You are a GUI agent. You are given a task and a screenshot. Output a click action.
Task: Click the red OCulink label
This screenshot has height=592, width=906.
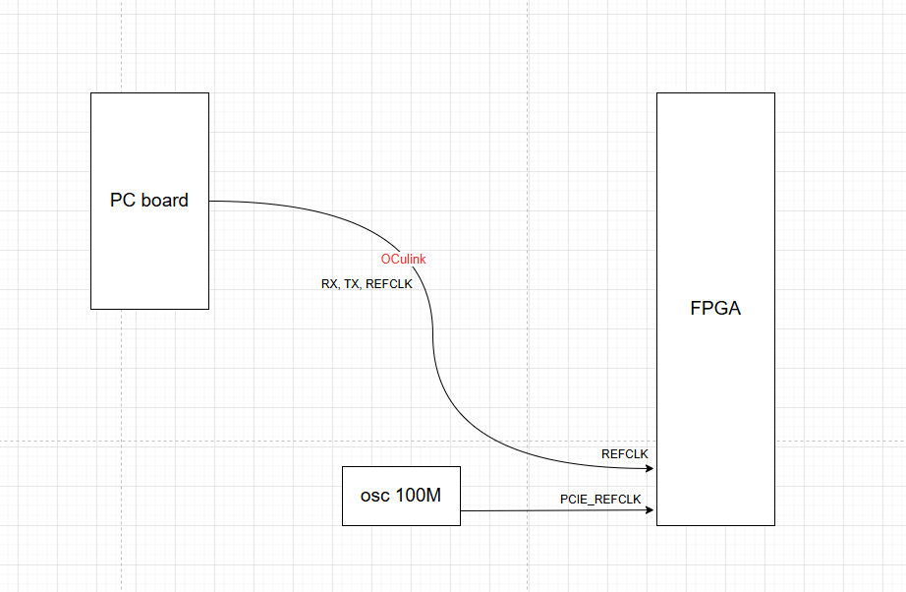click(404, 259)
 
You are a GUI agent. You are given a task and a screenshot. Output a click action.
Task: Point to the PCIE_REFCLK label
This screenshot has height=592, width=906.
click(600, 500)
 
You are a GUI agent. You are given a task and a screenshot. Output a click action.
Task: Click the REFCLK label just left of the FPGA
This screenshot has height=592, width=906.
click(625, 453)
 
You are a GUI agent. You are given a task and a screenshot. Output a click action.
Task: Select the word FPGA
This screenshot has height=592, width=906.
click(715, 309)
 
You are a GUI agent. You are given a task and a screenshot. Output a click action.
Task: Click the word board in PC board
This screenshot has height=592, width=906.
click(164, 201)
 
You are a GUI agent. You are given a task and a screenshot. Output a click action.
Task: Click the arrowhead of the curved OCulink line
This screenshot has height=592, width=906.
click(651, 468)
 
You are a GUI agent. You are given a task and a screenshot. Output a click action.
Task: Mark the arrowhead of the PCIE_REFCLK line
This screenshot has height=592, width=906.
click(651, 510)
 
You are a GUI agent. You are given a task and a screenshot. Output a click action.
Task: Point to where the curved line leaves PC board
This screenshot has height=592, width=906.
click(210, 201)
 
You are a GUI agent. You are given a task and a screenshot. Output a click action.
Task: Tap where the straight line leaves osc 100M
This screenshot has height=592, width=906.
click(461, 510)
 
